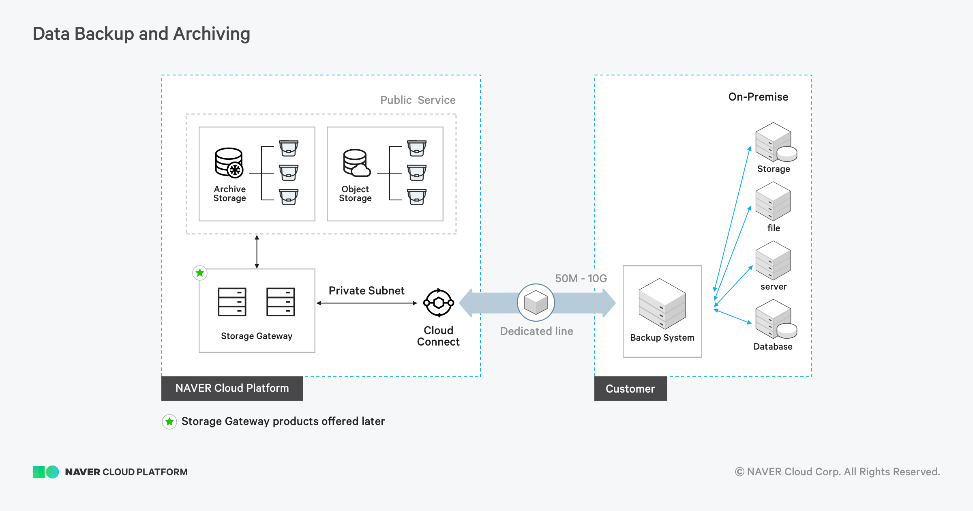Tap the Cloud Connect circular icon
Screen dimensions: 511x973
point(438,303)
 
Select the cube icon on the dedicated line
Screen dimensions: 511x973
point(536,303)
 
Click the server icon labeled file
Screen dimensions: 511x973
point(773,202)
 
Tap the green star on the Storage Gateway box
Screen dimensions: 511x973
point(200,273)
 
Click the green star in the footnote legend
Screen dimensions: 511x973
point(169,422)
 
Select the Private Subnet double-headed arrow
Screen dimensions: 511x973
point(366,303)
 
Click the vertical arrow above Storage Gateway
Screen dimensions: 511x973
point(257,251)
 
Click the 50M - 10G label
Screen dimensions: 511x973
point(581,279)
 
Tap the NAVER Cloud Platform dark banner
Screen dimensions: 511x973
point(232,389)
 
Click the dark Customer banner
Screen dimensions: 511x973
point(630,389)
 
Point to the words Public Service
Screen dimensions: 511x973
point(418,100)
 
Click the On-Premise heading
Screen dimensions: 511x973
point(758,97)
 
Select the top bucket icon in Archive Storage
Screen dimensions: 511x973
point(289,148)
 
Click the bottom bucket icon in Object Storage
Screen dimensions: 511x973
point(417,197)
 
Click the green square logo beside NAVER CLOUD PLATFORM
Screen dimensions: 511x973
point(39,472)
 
